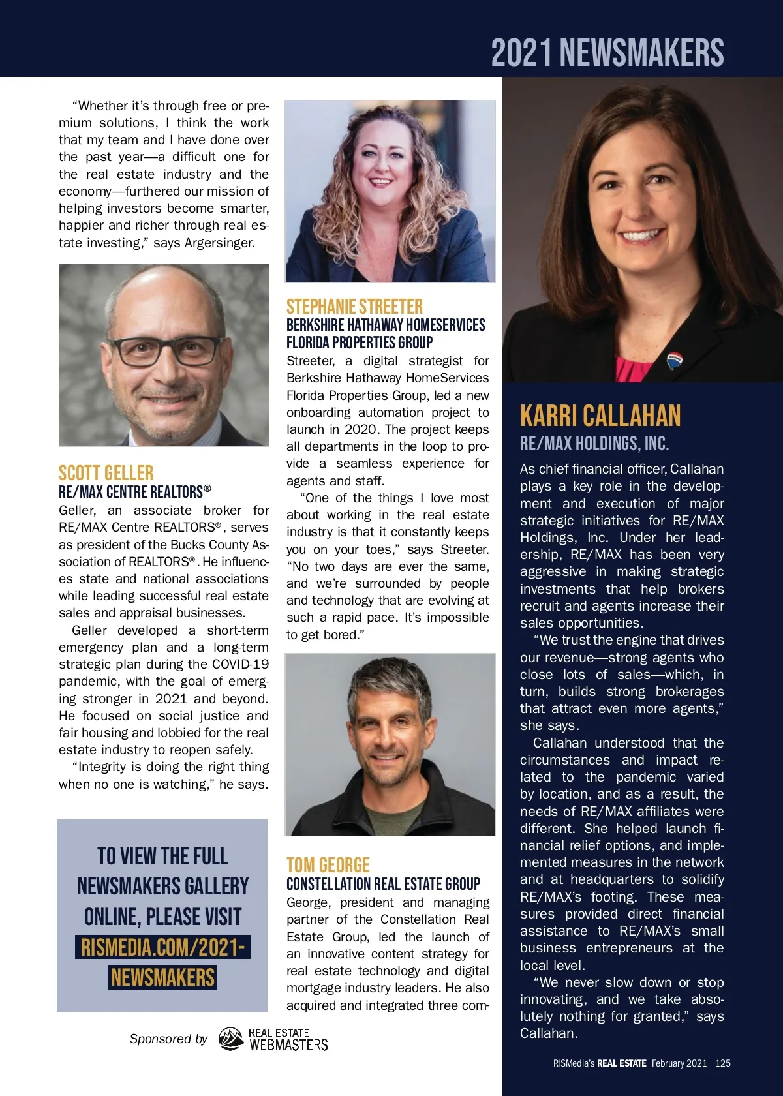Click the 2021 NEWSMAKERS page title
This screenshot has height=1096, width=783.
607,53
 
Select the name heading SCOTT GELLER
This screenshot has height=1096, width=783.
106,473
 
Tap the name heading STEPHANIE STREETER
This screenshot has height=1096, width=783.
354,307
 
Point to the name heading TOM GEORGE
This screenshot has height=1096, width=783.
328,865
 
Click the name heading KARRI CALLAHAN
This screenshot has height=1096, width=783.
600,416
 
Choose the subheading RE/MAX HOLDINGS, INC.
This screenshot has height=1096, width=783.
594,444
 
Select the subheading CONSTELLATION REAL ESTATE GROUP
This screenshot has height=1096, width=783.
383,884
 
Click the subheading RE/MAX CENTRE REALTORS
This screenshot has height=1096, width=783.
134,492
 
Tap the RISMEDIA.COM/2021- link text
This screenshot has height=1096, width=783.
162,947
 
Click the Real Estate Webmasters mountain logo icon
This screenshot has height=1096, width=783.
230,1039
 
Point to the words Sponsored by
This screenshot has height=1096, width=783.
168,1039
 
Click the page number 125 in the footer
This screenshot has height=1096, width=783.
723,1063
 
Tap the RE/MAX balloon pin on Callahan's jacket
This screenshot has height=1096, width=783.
674,361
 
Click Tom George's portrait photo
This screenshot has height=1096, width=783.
390,744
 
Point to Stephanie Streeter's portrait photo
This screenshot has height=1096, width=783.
390,191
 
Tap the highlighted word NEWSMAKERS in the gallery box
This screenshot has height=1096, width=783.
162,977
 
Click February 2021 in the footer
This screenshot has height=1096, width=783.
679,1063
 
